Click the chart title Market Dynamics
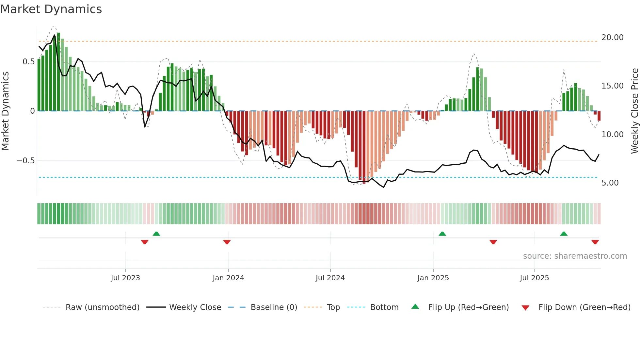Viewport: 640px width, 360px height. pos(51,9)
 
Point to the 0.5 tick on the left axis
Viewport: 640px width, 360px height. pos(28,62)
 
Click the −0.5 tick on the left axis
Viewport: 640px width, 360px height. pos(25,161)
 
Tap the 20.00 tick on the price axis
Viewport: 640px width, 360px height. pos(612,38)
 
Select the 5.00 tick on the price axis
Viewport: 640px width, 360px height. pos(610,183)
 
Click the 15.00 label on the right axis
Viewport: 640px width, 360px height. pos(612,86)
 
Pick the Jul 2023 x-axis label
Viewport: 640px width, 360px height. pos(125,278)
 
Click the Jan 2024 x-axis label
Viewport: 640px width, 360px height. pos(228,278)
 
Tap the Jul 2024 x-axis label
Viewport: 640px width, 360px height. pos(330,278)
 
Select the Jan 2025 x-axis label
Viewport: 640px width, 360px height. pos(433,278)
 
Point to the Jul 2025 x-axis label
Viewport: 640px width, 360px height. pos(535,278)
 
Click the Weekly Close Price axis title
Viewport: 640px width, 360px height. pos(634,111)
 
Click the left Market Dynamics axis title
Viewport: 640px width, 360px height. pos(5,111)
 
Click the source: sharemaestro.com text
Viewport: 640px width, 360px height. pos(575,256)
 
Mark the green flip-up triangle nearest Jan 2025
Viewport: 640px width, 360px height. pos(442,234)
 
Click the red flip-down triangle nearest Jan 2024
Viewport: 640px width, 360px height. pos(227,242)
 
